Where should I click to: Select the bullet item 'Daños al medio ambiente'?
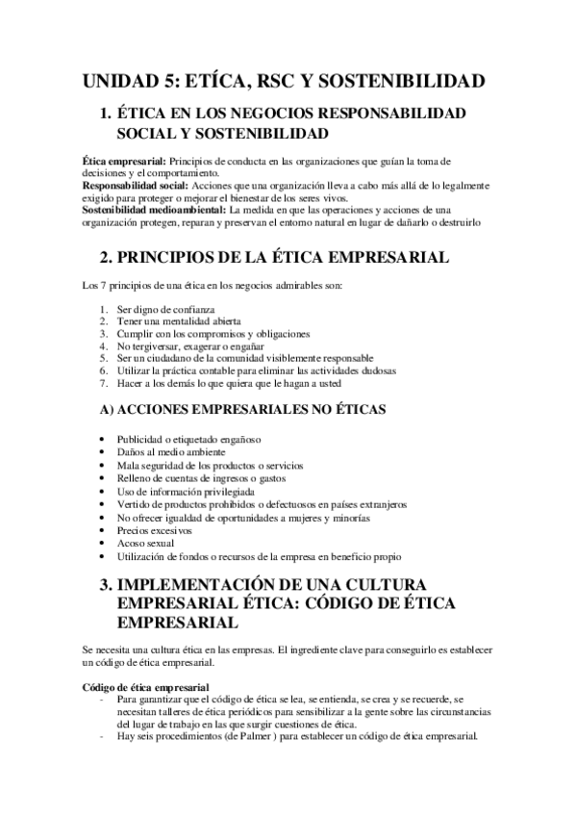170,452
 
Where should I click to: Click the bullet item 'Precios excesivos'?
155,530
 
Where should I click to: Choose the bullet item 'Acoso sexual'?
145,543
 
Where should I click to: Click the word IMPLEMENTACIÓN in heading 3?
213,584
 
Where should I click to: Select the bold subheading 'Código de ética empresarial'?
146,687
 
